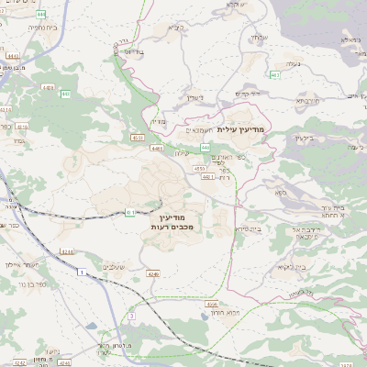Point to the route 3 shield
tap(131, 316)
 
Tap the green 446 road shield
tap(206, 147)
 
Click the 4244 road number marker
tap(66, 250)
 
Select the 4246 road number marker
tap(128, 273)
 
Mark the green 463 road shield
tap(276, 74)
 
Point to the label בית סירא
tap(249, 228)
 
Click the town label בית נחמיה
tap(17, 28)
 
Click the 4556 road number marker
tap(212, 304)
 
